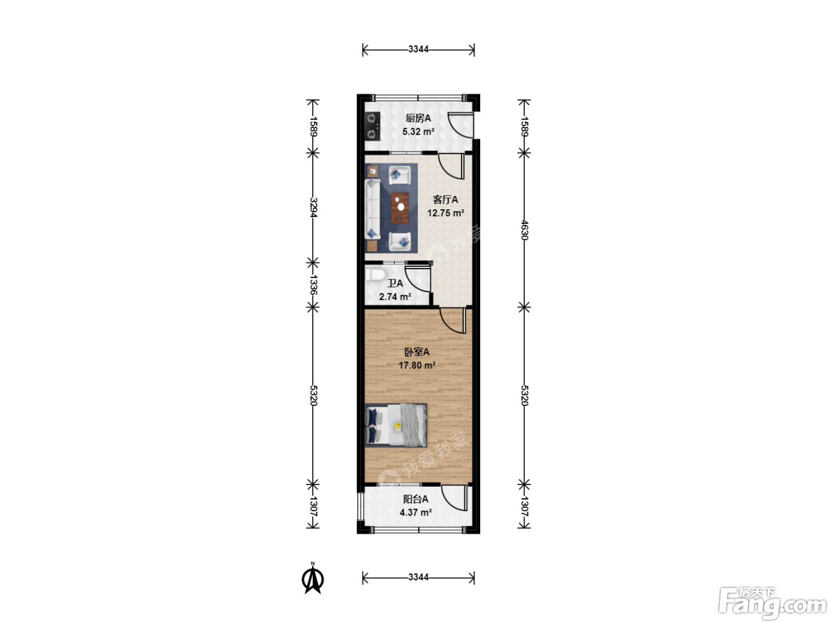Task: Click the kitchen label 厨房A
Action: (x=418, y=118)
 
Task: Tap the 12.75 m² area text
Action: (x=445, y=213)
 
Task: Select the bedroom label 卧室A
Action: (x=417, y=352)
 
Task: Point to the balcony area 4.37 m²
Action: (x=416, y=512)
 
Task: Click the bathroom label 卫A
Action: (x=395, y=283)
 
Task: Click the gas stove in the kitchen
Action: (x=372, y=126)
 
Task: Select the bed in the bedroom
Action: (x=396, y=425)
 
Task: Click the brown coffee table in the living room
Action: (x=399, y=208)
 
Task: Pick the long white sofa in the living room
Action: (x=372, y=209)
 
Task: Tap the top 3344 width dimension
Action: (x=418, y=49)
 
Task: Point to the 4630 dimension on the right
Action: (x=524, y=230)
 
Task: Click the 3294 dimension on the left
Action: (x=313, y=208)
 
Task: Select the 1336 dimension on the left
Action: (x=313, y=285)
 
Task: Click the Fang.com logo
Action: (x=772, y=603)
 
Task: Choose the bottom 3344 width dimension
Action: (x=418, y=577)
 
